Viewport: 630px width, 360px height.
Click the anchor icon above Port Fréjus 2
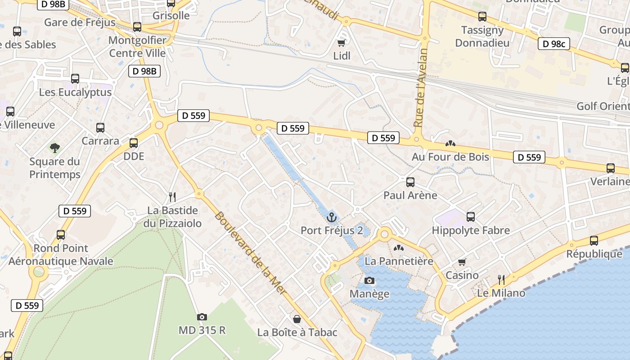[x=332, y=217]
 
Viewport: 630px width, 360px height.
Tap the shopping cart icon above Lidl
[x=342, y=43]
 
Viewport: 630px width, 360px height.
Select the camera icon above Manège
[x=369, y=281]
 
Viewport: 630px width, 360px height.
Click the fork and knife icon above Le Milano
[x=501, y=280]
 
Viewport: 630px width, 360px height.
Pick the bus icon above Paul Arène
[x=410, y=182]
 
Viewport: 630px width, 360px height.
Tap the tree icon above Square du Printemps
[x=55, y=148]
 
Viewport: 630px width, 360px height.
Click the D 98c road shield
[x=553, y=44]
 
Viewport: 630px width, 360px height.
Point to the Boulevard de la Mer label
[x=250, y=253]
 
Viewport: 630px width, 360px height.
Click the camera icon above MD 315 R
[x=202, y=317]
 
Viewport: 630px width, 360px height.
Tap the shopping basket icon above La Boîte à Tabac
[x=297, y=319]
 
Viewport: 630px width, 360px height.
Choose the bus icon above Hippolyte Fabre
[x=471, y=217]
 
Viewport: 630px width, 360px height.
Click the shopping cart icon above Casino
[x=462, y=262]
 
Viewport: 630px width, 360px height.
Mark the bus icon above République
[x=594, y=241]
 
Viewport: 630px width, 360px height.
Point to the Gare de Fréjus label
[x=80, y=22]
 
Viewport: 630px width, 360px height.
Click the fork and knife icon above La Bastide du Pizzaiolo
[x=172, y=197]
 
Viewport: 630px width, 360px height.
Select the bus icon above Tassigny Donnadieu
[x=482, y=17]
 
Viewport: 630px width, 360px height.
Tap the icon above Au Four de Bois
[x=450, y=144]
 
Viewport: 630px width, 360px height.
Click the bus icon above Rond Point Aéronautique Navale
[x=61, y=235]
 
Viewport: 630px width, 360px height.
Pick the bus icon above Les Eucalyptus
[x=75, y=79]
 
